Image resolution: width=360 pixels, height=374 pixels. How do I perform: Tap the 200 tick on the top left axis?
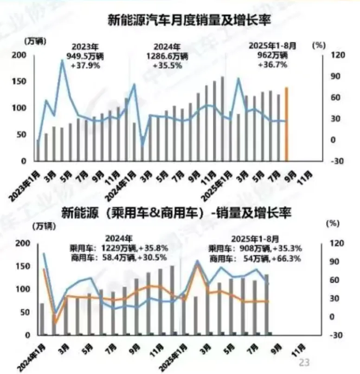22,55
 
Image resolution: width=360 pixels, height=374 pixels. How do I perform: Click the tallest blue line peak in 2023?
62,61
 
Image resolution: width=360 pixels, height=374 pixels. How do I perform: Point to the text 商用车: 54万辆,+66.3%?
254,258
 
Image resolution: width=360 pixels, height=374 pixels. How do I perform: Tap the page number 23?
304,362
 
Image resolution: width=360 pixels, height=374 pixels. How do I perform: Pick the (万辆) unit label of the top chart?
34,41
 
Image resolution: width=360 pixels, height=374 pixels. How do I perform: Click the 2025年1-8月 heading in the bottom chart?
256,239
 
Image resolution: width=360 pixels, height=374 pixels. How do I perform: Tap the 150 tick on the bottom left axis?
23,266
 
